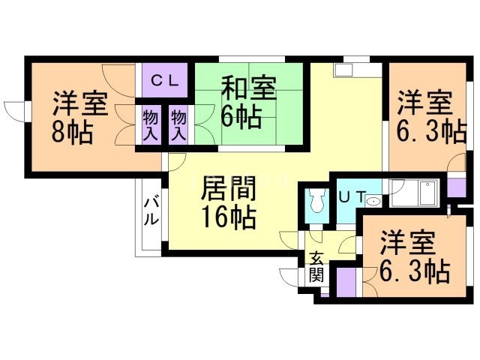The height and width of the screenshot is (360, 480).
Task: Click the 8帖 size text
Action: coord(72,132)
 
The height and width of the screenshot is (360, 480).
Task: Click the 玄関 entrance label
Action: coord(316,266)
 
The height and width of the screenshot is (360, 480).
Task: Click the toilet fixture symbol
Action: coord(316,200)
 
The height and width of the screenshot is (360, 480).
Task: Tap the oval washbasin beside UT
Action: coord(374,200)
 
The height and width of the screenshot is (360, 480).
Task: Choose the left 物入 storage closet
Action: coord(151,125)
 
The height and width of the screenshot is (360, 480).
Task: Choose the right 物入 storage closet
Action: coord(178,125)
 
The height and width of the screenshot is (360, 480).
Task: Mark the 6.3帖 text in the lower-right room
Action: coord(415,268)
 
